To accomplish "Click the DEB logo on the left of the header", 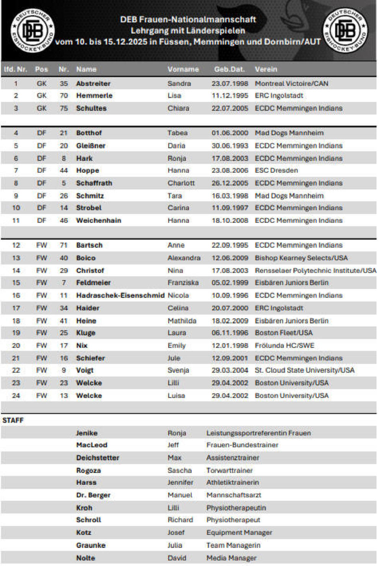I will [x=32, y=31].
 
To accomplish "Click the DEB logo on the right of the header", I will [x=345, y=31].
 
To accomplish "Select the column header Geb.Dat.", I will [x=229, y=69].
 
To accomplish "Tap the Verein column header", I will [x=266, y=69].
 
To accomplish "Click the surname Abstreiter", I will [x=93, y=83].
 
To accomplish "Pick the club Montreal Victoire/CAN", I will [x=291, y=83].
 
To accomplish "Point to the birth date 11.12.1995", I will [x=230, y=96].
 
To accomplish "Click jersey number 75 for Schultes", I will [x=64, y=108].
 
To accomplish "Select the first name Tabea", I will [x=177, y=133].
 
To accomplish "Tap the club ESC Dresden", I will [x=276, y=170].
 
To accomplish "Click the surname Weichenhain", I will [x=98, y=220].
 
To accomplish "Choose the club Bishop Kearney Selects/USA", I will [x=301, y=258].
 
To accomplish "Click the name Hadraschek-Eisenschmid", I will [x=120, y=295].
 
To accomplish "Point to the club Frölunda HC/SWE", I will [x=284, y=345].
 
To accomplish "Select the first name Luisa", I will [x=176, y=395].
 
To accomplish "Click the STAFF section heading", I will [x=13, y=420].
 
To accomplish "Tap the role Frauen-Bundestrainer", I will [x=242, y=445].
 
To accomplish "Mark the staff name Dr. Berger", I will [x=93, y=495].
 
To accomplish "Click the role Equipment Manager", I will [x=239, y=532].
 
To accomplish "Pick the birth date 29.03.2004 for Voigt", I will [x=230, y=370].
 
